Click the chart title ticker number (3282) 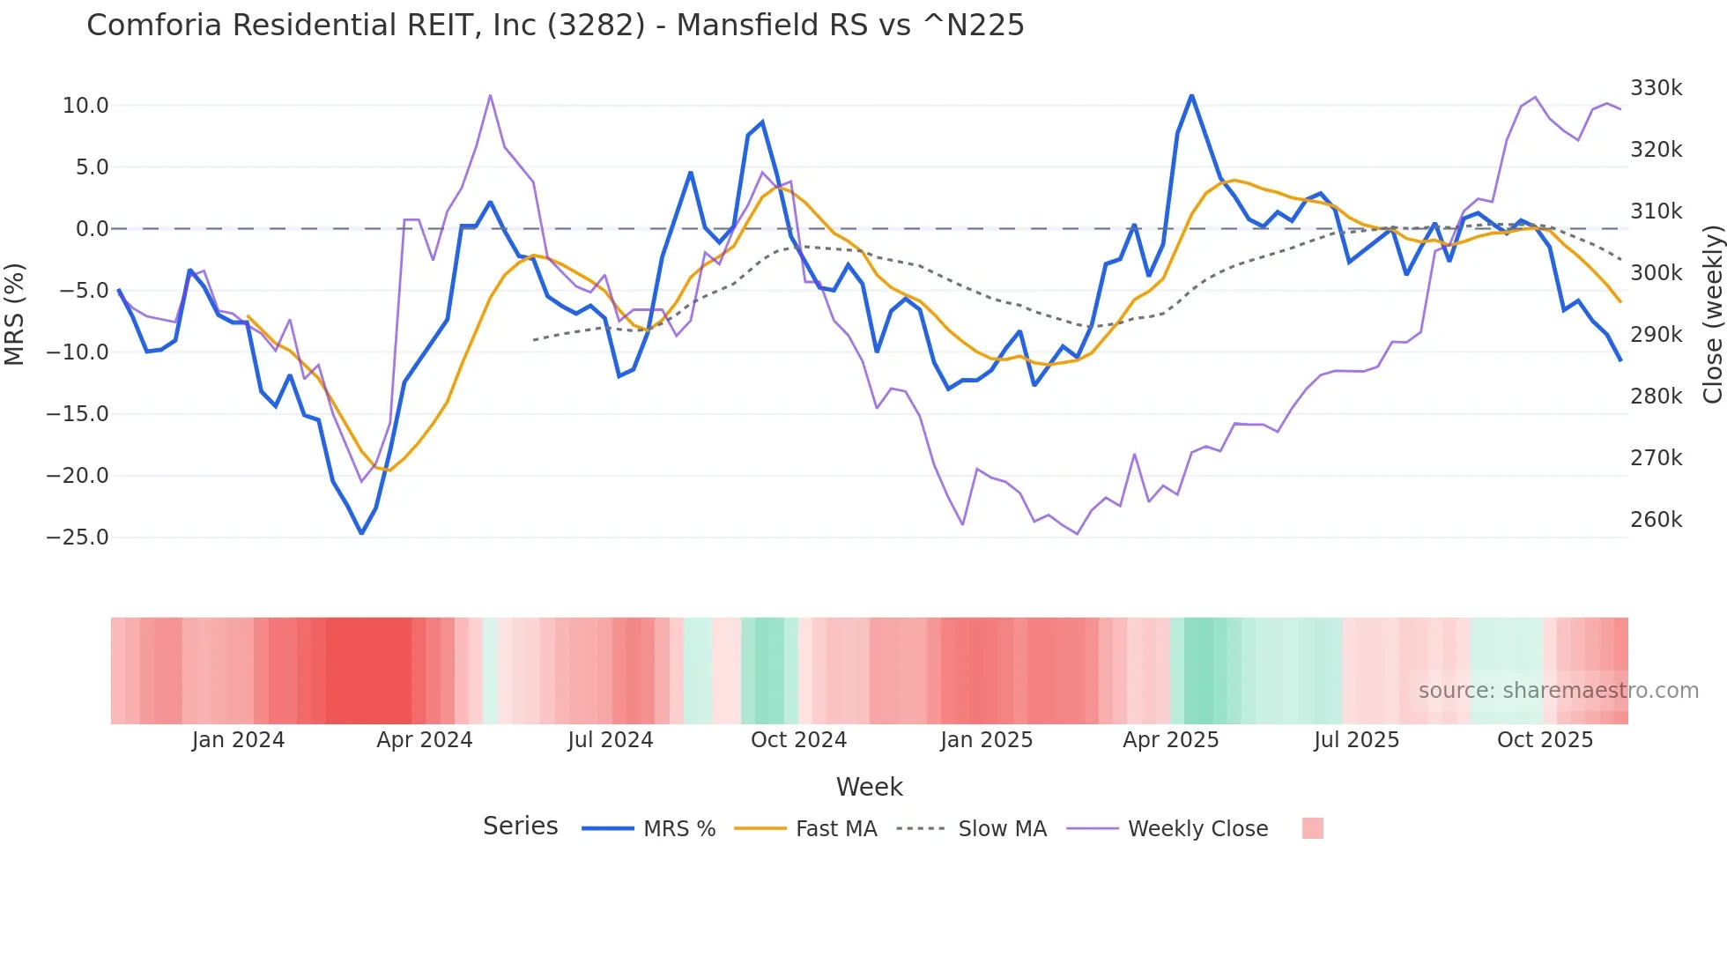pyautogui.click(x=597, y=26)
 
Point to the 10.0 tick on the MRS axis pyautogui.click(x=85, y=106)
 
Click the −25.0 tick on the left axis pyautogui.click(x=78, y=537)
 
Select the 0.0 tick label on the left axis pyautogui.click(x=92, y=229)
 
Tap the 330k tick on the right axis pyautogui.click(x=1656, y=88)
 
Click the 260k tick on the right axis pyautogui.click(x=1656, y=520)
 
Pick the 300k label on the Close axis pyautogui.click(x=1656, y=273)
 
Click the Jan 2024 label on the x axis pyautogui.click(x=238, y=740)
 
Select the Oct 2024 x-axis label pyautogui.click(x=798, y=740)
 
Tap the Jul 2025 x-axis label pyautogui.click(x=1356, y=740)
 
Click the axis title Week pyautogui.click(x=869, y=787)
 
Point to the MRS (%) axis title pyautogui.click(x=15, y=315)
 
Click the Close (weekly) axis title pyautogui.click(x=1712, y=315)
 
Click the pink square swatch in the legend pyautogui.click(x=1312, y=828)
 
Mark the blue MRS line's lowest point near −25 pyautogui.click(x=361, y=533)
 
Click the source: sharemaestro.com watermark pyautogui.click(x=1558, y=691)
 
